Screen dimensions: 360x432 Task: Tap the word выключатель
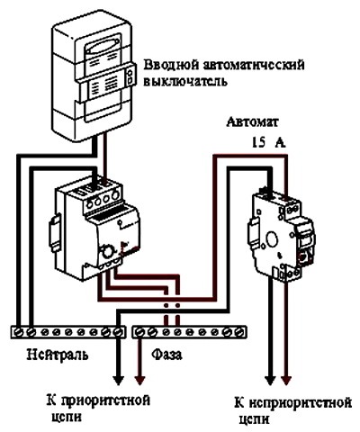tap(184, 81)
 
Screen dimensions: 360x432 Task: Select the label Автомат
tap(252, 122)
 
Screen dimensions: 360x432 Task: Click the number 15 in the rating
tap(258, 142)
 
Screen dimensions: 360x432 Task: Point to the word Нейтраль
tap(58, 355)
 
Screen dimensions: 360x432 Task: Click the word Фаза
tap(166, 355)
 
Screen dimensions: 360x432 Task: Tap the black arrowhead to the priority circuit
tap(118, 380)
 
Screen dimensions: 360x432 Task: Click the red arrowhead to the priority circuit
tap(139, 380)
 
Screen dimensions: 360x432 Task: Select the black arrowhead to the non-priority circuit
tap(270, 379)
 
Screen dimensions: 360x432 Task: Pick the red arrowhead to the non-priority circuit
tap(286, 379)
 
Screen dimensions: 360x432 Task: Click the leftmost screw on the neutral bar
tap(19, 332)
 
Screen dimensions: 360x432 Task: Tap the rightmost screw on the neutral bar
tap(118, 332)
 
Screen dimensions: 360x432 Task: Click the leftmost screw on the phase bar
tap(139, 332)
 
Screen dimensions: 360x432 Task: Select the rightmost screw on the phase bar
tap(239, 332)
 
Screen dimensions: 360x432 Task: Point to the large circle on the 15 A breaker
tap(273, 239)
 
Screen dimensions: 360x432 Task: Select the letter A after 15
tap(280, 143)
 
